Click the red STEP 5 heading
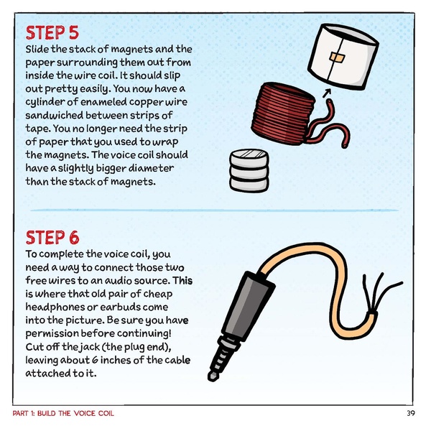click(52, 33)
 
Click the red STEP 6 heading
click(52, 238)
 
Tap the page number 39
click(410, 414)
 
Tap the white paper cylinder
click(348, 57)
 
